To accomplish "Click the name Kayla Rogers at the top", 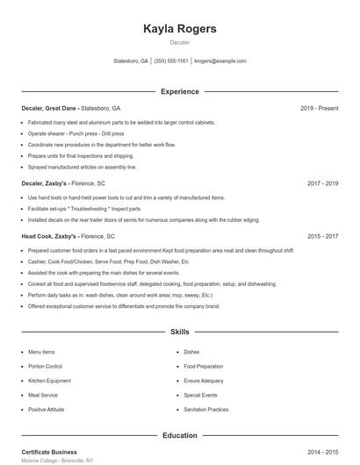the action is pos(179,29).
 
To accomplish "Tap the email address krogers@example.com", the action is pos(220,61).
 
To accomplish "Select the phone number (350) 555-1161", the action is pos(171,61).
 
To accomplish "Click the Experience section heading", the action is pos(179,91).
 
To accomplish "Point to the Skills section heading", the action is pos(179,333).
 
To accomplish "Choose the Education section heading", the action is pos(179,434).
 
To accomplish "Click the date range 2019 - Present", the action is pos(319,108).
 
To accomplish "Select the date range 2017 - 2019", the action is pos(322,183).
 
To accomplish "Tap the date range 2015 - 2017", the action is pos(322,236).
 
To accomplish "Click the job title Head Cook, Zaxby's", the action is pos(49,236).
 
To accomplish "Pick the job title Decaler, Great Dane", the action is pos(51,108).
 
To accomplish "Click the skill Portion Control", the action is pos(45,366).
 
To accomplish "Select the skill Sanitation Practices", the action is pos(206,409).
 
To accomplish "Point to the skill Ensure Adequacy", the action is pos(204,381).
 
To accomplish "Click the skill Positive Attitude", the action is pos(46,409).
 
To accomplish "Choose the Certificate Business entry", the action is pos(49,451).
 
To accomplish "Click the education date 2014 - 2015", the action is pos(322,451).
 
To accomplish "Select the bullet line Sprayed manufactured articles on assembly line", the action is pos(83,167).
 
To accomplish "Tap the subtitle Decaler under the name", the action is pos(179,42).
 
